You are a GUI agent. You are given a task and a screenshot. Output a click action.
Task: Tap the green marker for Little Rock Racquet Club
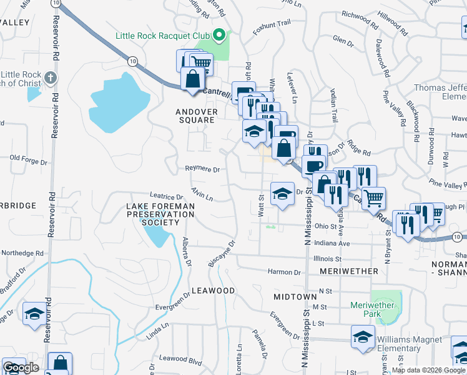[219, 36]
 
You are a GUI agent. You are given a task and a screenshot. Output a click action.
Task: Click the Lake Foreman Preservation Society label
[160, 214]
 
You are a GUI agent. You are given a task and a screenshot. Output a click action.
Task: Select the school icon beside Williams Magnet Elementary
[363, 338]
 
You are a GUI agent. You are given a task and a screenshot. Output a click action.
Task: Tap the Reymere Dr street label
[202, 169]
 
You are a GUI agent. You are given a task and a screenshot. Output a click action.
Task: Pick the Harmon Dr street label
[284, 272]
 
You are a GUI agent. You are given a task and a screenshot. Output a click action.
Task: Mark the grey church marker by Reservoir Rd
[51, 77]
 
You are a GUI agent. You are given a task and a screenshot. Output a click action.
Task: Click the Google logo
[20, 367]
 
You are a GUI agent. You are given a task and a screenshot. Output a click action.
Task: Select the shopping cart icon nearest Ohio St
[373, 199]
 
